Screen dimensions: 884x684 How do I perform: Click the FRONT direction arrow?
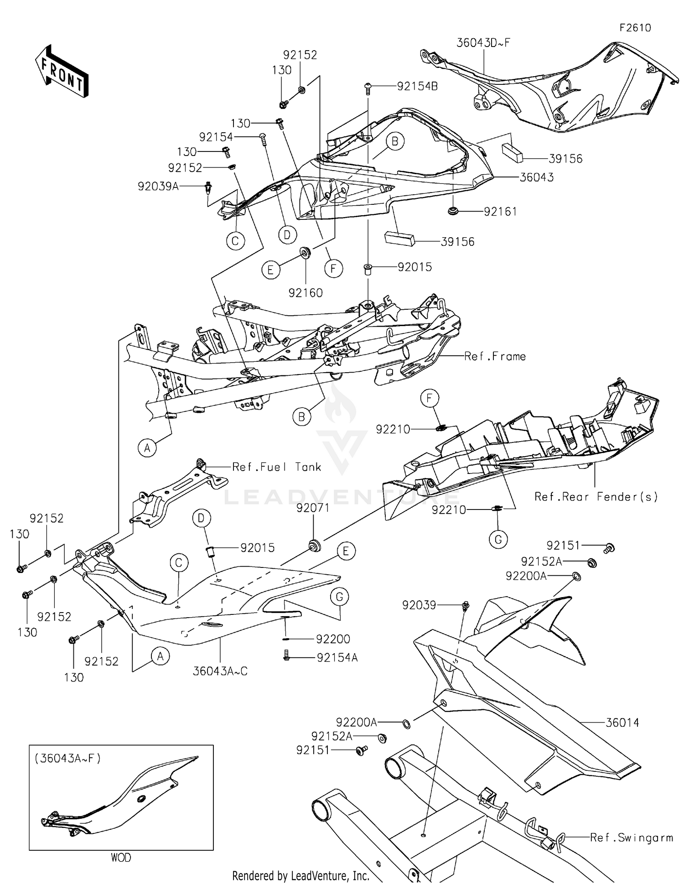[x=62, y=72]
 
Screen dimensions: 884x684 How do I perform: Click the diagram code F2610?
[x=635, y=28]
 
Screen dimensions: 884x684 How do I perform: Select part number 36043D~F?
[x=483, y=43]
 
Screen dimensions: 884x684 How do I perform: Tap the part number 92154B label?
[x=417, y=86]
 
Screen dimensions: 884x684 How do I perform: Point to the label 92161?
[x=500, y=212]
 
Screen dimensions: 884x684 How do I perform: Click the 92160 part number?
[x=306, y=293]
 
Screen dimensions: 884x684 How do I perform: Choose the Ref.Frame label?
[x=495, y=356]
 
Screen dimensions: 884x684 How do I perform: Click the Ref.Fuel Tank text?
[x=276, y=467]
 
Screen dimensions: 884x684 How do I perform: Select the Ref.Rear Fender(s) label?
[x=596, y=497]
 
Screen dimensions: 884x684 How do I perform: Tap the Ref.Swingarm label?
[x=631, y=838]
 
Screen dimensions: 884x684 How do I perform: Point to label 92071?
[x=313, y=508]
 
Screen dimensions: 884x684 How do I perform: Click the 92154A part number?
[x=337, y=658]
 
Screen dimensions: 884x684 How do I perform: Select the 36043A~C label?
[x=220, y=671]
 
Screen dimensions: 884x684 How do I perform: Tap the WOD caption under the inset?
[x=121, y=858]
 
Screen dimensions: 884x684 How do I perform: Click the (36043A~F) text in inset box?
[x=67, y=759]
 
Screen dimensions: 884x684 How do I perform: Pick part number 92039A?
[x=158, y=187]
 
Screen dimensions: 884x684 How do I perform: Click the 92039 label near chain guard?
[x=419, y=605]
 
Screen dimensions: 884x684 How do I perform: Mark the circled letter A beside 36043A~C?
[x=160, y=656]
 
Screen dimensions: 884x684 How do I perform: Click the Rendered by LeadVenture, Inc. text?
[x=301, y=875]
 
